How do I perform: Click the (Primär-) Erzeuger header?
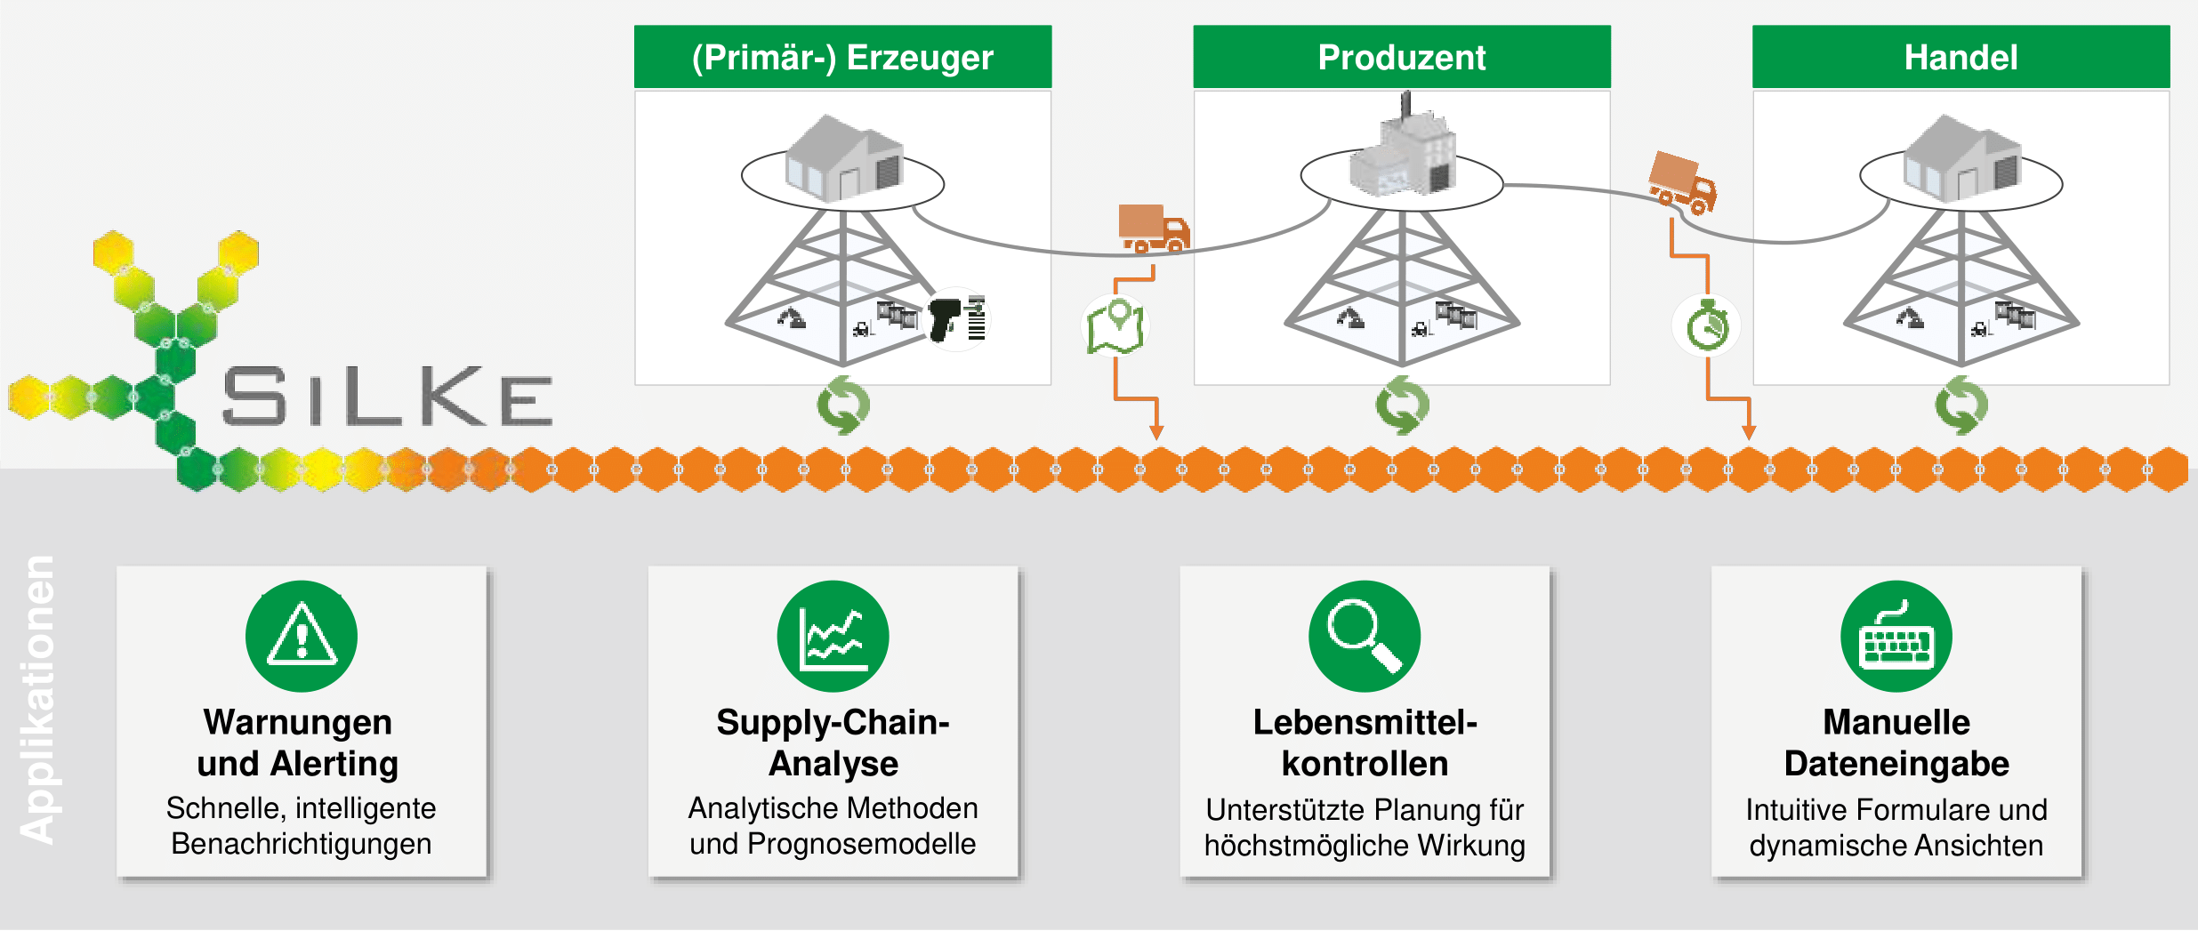pos(842,57)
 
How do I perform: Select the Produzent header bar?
pos(1401,57)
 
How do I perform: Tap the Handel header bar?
pos(1960,57)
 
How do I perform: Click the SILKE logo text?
pos(388,397)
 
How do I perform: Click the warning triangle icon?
pos(302,637)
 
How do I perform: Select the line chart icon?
pos(833,637)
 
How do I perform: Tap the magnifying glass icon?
pos(1364,637)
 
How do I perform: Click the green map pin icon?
pos(1115,326)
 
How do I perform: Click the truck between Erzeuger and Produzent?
pos(1154,229)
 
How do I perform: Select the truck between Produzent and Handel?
pos(1681,183)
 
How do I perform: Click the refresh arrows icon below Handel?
pos(1960,405)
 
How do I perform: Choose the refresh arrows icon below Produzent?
pos(1402,405)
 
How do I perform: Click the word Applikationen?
pos(38,699)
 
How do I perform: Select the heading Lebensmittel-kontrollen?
pos(1365,742)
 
